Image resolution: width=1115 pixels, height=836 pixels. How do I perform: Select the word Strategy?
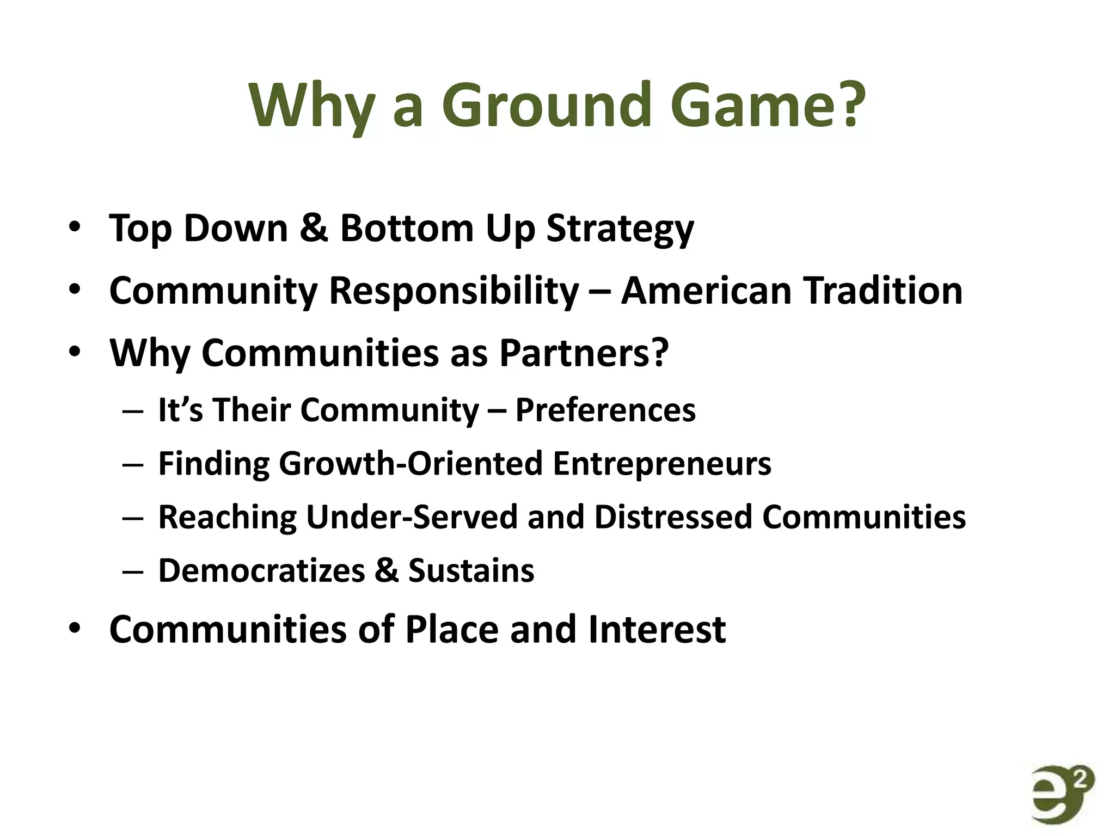pyautogui.click(x=620, y=229)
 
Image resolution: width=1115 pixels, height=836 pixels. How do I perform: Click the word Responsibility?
pyautogui.click(x=454, y=291)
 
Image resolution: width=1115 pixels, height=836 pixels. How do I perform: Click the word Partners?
pyautogui.click(x=584, y=353)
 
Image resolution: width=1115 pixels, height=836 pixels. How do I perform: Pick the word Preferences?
pyautogui.click(x=605, y=410)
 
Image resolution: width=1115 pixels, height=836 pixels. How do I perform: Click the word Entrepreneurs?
pyautogui.click(x=662, y=464)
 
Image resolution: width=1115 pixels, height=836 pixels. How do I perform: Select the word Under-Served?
pyautogui.click(x=412, y=517)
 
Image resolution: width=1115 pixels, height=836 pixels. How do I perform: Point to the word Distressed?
pyautogui.click(x=673, y=517)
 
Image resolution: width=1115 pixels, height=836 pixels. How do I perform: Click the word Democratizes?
pyautogui.click(x=261, y=571)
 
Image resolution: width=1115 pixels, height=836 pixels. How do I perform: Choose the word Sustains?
pyautogui.click(x=471, y=571)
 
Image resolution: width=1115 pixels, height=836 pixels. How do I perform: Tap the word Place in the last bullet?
pyautogui.click(x=452, y=630)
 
